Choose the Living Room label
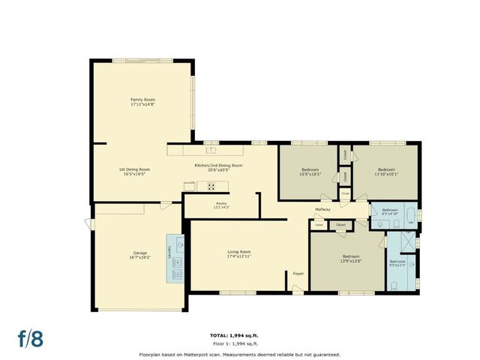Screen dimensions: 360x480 tap(239, 251)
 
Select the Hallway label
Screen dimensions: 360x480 tap(322, 209)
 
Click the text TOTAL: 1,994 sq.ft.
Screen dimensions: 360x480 tap(239, 335)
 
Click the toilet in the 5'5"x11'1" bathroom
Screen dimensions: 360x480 tap(394, 285)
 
